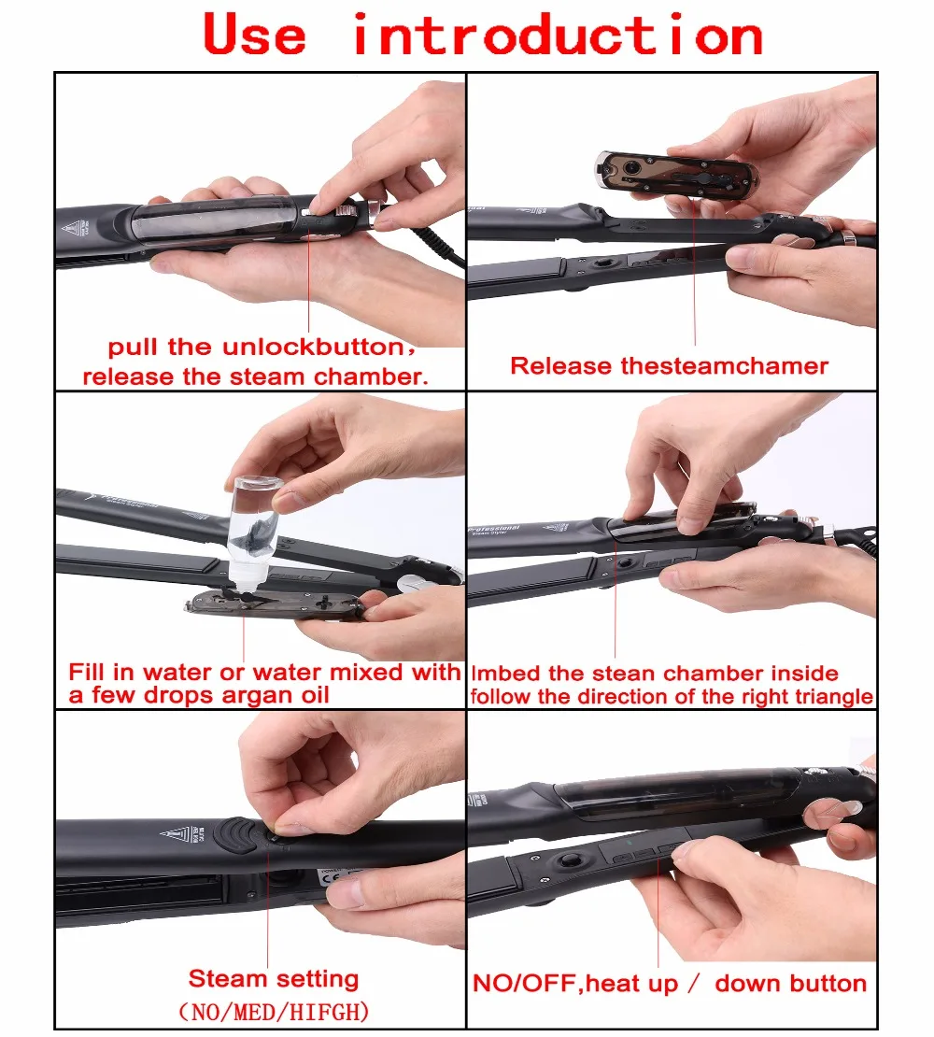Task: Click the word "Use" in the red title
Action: click(x=254, y=35)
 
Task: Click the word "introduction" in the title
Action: click(x=559, y=35)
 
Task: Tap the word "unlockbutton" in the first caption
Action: click(x=313, y=347)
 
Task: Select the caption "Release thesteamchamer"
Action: click(x=669, y=365)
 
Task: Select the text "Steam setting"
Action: click(x=274, y=979)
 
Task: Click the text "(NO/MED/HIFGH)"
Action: click(x=274, y=1012)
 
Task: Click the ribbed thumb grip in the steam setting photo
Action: click(x=235, y=834)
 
